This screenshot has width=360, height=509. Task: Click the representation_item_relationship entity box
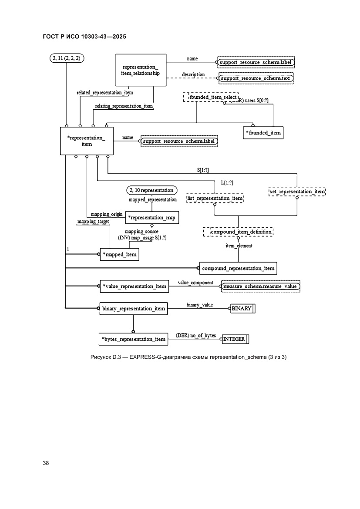pos(141,70)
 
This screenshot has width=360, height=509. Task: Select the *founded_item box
pos(263,132)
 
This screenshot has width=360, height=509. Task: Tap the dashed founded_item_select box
pos(211,98)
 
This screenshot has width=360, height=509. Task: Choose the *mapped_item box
pos(119,254)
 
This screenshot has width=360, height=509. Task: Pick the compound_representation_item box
pos(238,268)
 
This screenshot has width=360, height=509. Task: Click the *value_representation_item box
pos(134,286)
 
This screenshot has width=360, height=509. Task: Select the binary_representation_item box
pos(133,309)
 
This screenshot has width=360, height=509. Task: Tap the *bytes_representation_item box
pos(133,339)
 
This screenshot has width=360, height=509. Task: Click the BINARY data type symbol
pos(242,309)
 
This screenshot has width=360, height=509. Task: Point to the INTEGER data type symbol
pos(235,339)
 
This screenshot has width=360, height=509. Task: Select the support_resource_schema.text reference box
pos(256,79)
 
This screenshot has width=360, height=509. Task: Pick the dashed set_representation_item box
pos(298,191)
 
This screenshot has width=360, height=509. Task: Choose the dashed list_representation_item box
pos(215,199)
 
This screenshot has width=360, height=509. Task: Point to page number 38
pos(46,463)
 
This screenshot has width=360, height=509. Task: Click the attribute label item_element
pos(239,246)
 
